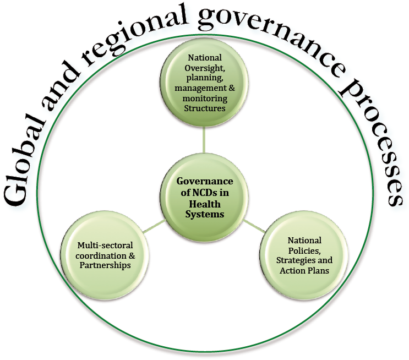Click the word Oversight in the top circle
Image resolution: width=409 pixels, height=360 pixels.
click(x=205, y=68)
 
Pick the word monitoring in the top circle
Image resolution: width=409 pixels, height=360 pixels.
click(x=205, y=99)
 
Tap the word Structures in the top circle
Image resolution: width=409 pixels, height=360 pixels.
click(x=205, y=108)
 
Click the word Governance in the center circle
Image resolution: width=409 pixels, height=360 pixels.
click(x=205, y=181)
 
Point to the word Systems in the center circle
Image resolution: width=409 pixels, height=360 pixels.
click(x=205, y=214)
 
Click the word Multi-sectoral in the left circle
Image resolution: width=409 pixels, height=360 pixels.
click(x=105, y=245)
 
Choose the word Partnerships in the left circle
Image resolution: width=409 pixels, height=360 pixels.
click(x=105, y=265)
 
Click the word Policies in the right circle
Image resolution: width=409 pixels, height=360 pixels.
click(x=304, y=250)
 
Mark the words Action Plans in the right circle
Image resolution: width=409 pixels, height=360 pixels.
click(x=304, y=270)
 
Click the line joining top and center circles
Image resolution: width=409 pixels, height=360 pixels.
click(x=204, y=140)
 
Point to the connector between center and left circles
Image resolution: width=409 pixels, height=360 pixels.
click(x=154, y=226)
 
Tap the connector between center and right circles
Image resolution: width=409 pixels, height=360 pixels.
click(x=254, y=226)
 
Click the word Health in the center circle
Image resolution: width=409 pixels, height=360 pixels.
click(x=205, y=204)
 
